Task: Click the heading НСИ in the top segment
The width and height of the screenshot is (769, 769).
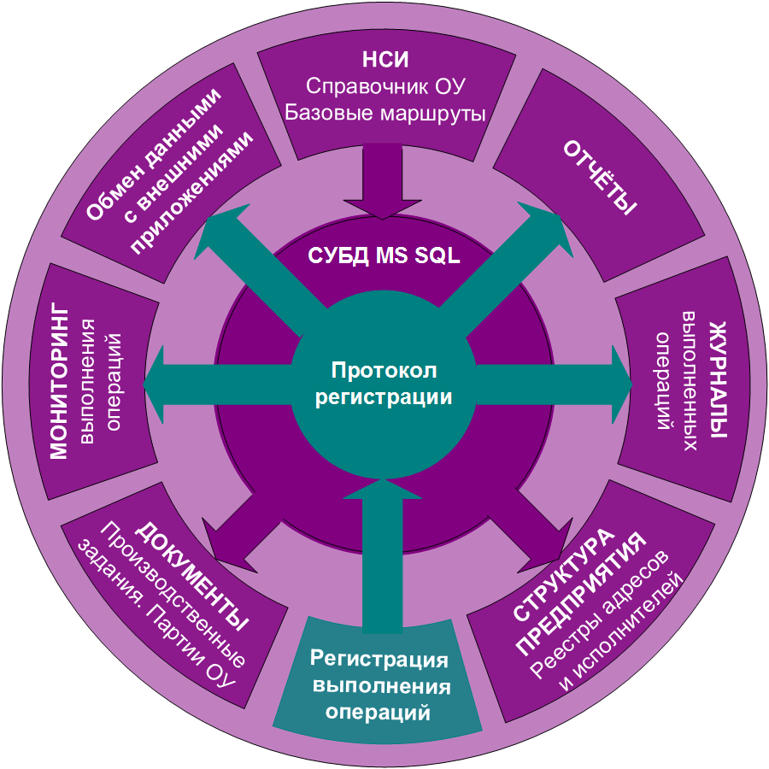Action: click(x=385, y=61)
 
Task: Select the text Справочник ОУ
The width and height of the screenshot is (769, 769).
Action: click(x=385, y=86)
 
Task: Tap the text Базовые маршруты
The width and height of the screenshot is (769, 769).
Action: click(x=385, y=112)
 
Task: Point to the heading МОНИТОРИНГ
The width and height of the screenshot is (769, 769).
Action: click(x=59, y=379)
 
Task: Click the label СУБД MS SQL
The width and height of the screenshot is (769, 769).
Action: click(x=384, y=255)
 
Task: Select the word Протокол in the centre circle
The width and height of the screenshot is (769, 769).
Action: click(x=384, y=371)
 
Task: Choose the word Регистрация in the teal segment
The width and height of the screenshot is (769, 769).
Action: click(x=379, y=659)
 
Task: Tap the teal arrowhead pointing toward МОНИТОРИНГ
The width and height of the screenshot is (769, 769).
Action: click(x=159, y=384)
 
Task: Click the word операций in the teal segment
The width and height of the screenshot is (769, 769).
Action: click(x=379, y=712)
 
